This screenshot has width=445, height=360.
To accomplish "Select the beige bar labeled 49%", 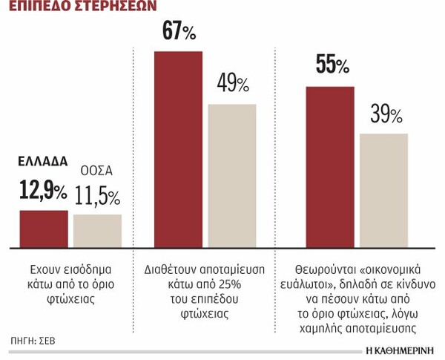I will click(x=231, y=175).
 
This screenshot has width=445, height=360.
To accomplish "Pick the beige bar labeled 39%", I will click(x=383, y=190).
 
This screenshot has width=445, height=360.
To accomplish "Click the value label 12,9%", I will click(x=42, y=192).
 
